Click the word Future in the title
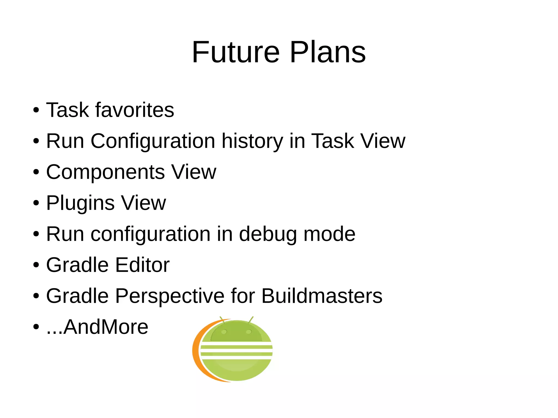(236, 52)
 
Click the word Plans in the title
(328, 52)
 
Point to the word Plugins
(80, 203)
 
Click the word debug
(268, 234)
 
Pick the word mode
(329, 234)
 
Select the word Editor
(142, 265)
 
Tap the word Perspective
(170, 296)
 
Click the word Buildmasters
(322, 296)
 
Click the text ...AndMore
(98, 327)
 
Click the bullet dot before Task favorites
(36, 110)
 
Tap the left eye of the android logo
(224, 332)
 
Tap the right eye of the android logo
(248, 332)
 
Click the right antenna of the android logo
(251, 319)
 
